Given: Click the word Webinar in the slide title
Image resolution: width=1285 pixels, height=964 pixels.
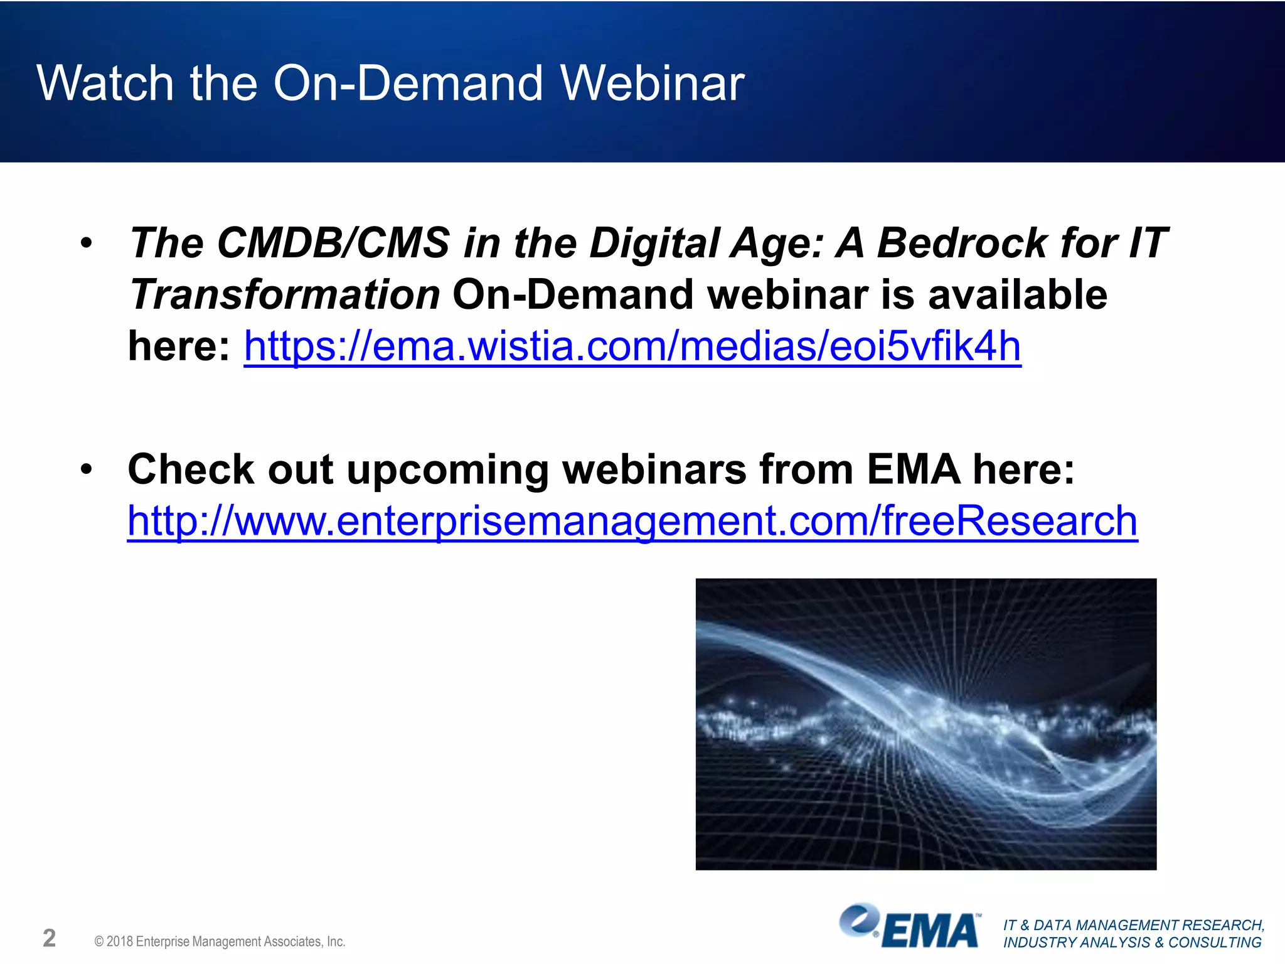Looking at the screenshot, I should click(x=653, y=83).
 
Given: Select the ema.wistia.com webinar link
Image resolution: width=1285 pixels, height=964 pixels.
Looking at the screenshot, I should click(x=632, y=346).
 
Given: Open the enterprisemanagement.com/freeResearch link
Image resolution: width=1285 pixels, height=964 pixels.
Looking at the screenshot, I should click(x=632, y=521).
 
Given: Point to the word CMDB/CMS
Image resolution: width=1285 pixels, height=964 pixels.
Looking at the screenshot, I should click(x=333, y=244).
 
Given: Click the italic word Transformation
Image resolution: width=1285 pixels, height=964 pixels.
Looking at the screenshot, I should click(x=285, y=295).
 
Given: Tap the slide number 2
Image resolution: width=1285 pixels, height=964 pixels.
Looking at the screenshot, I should click(x=49, y=938).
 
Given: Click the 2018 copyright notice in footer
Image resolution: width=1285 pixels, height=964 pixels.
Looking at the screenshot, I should click(x=220, y=941).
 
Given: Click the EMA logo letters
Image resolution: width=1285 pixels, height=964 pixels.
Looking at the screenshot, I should click(x=932, y=931).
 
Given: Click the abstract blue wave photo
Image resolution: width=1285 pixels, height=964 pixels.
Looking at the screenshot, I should click(x=925, y=724).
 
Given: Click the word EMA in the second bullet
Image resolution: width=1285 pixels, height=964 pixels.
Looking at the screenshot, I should click(x=913, y=470).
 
